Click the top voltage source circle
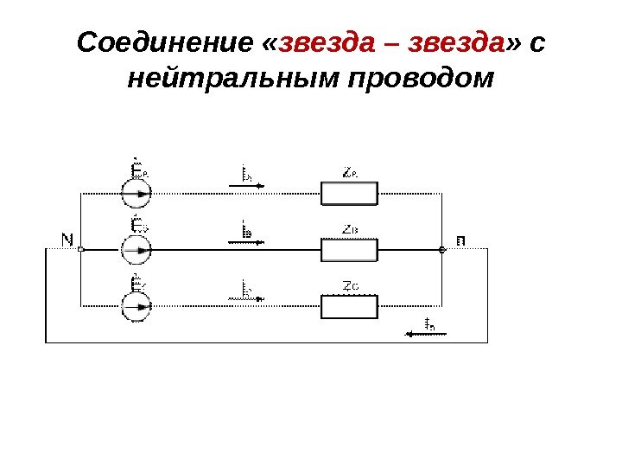tap(136, 194)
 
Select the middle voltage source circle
tap(136, 250)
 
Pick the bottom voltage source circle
tap(136, 305)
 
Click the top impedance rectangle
tap(349, 194)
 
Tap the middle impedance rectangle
tap(349, 250)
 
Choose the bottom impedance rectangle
tap(349, 306)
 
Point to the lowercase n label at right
tap(460, 240)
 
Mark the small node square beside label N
tap(80, 249)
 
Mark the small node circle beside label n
tap(441, 250)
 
